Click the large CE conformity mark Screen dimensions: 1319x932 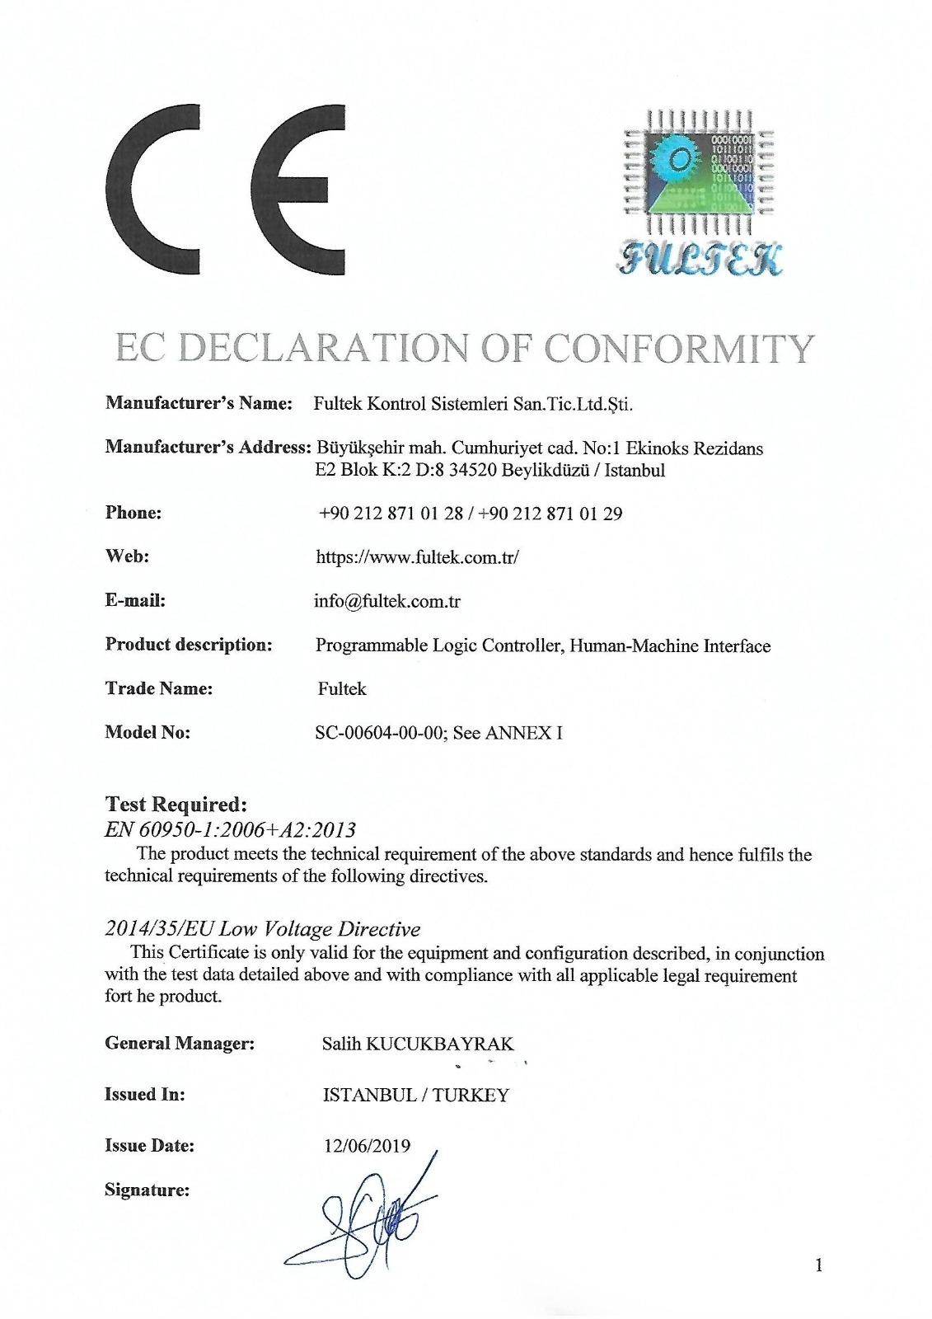pos(225,190)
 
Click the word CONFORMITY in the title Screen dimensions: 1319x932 pos(680,349)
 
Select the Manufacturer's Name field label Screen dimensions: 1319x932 pos(199,404)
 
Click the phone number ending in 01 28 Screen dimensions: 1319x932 pos(391,514)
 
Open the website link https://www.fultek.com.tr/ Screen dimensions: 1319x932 pos(417,557)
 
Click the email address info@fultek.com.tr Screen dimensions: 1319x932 pos(386,601)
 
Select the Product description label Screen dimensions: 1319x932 pos(189,645)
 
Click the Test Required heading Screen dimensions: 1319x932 pos(176,804)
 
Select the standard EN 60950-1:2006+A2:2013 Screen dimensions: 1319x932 pos(230,829)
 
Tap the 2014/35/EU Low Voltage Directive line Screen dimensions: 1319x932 pos(262,929)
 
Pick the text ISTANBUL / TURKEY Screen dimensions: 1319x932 pos(415,1095)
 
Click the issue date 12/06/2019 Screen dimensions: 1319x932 pos(367,1146)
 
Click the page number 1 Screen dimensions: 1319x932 pos(818,1265)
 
